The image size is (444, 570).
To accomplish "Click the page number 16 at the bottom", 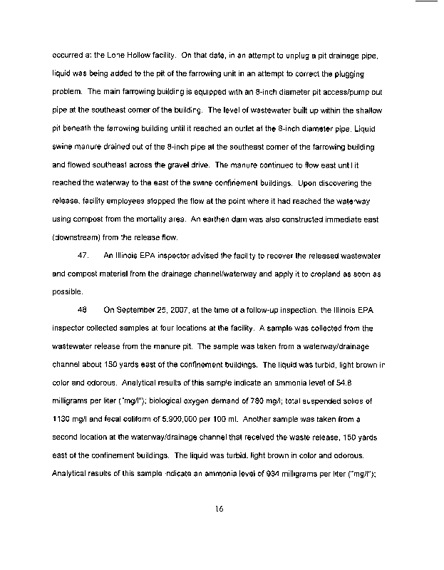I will (x=222, y=509).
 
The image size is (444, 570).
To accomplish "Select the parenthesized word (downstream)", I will (x=78, y=237).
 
